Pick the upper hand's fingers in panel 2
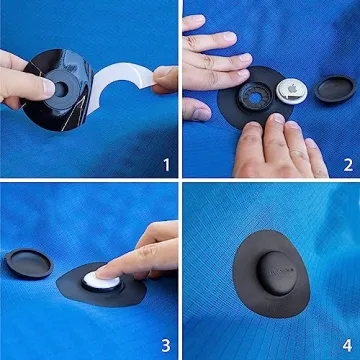click(215, 50)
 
